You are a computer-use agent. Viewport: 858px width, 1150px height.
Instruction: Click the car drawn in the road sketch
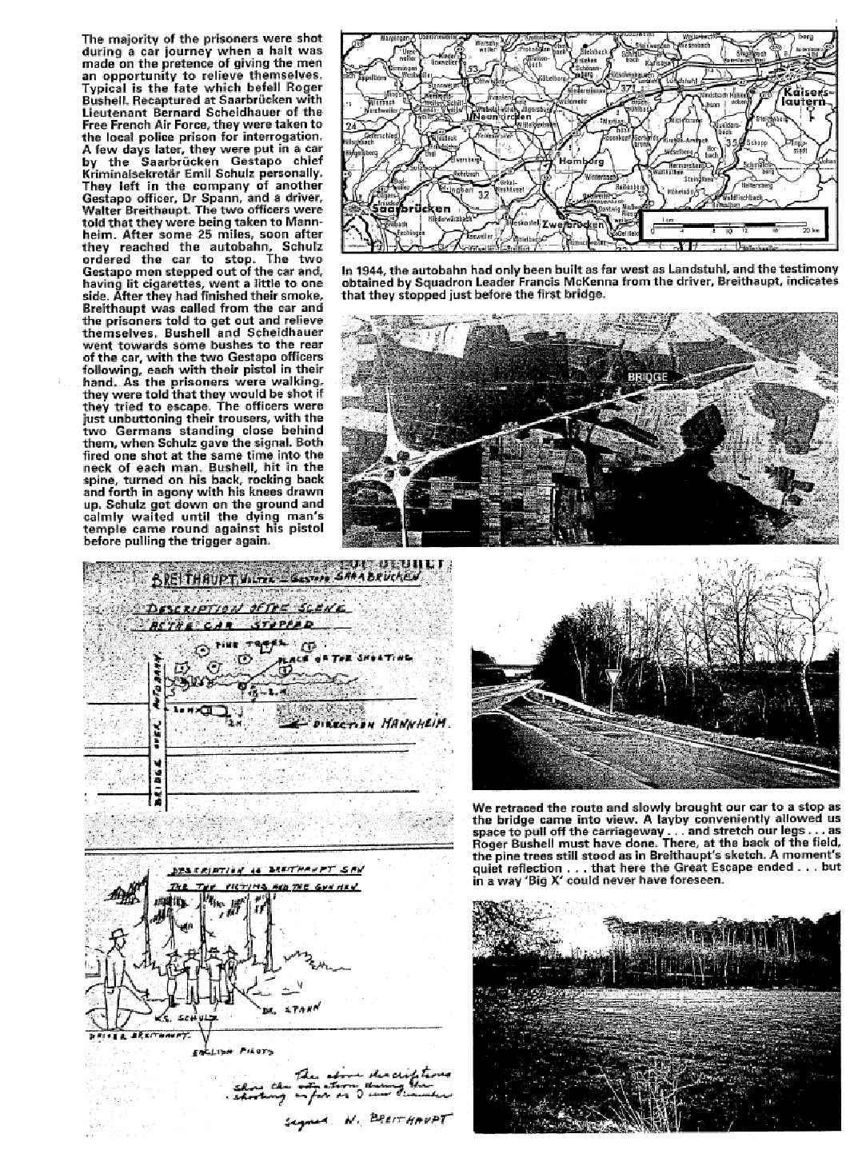(210, 709)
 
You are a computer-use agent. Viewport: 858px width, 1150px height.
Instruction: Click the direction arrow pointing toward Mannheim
(297, 724)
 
